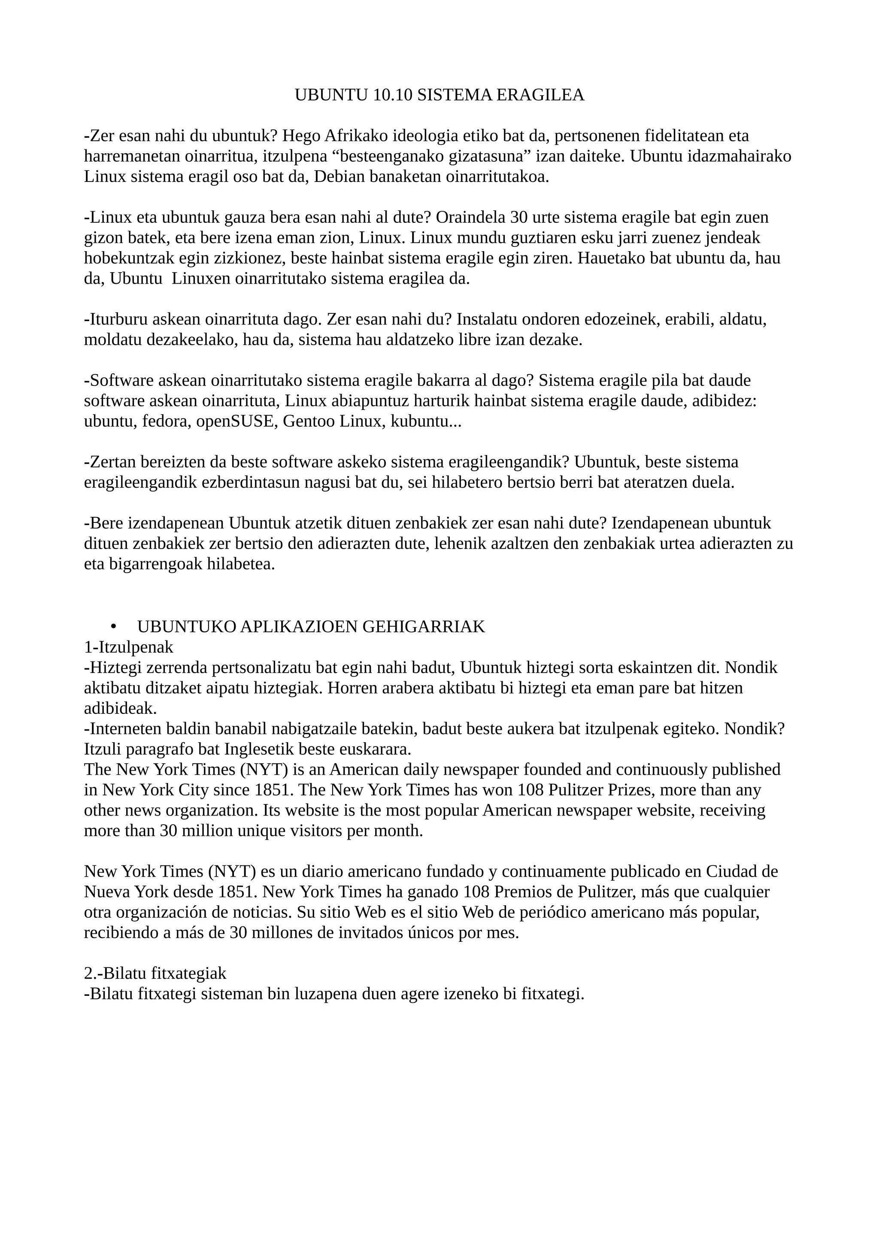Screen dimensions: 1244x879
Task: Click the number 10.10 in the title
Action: (x=393, y=95)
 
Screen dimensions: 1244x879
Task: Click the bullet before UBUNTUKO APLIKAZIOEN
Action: (x=113, y=627)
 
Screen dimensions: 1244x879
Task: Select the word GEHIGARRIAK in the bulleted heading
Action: (x=423, y=627)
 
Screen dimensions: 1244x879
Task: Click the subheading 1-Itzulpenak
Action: (x=129, y=647)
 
